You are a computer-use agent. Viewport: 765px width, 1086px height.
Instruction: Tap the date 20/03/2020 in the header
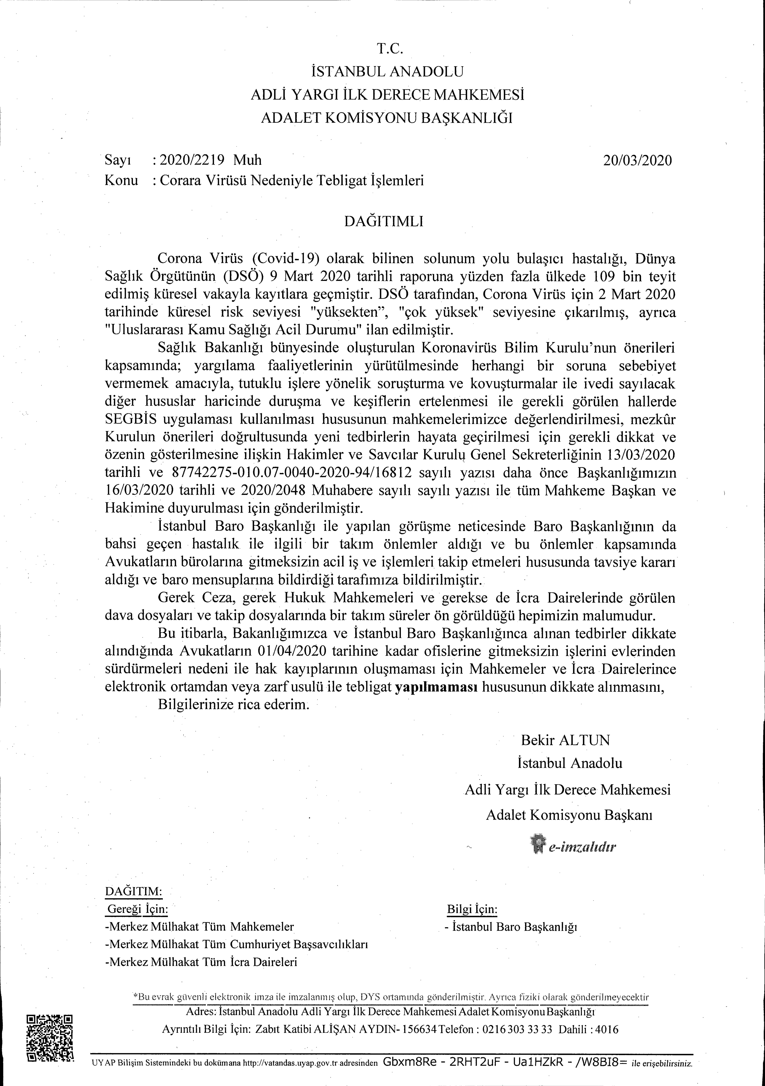637,160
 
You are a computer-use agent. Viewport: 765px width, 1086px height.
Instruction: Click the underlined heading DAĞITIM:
133,891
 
